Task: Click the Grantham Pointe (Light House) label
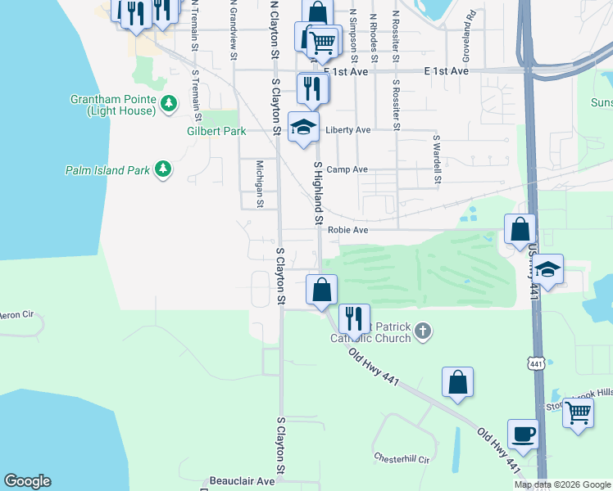tap(113, 105)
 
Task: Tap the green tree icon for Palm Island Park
tap(164, 169)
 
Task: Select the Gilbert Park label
tap(216, 131)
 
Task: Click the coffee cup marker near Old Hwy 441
tap(523, 434)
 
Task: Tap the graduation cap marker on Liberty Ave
tap(302, 128)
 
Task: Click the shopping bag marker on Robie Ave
tap(520, 230)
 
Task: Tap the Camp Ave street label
tap(347, 170)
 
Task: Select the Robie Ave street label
tap(348, 231)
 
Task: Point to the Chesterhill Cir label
tap(402, 459)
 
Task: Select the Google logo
tap(27, 481)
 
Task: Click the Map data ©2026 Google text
tap(562, 484)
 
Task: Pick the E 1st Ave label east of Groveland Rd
tap(446, 72)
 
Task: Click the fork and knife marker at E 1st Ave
tap(311, 88)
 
